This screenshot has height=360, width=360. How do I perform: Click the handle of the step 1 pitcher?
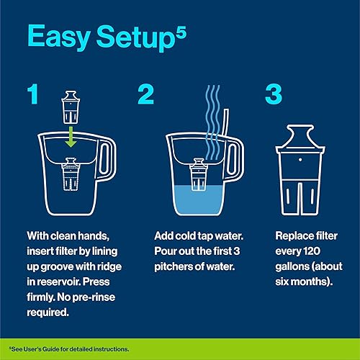[x=107, y=162]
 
